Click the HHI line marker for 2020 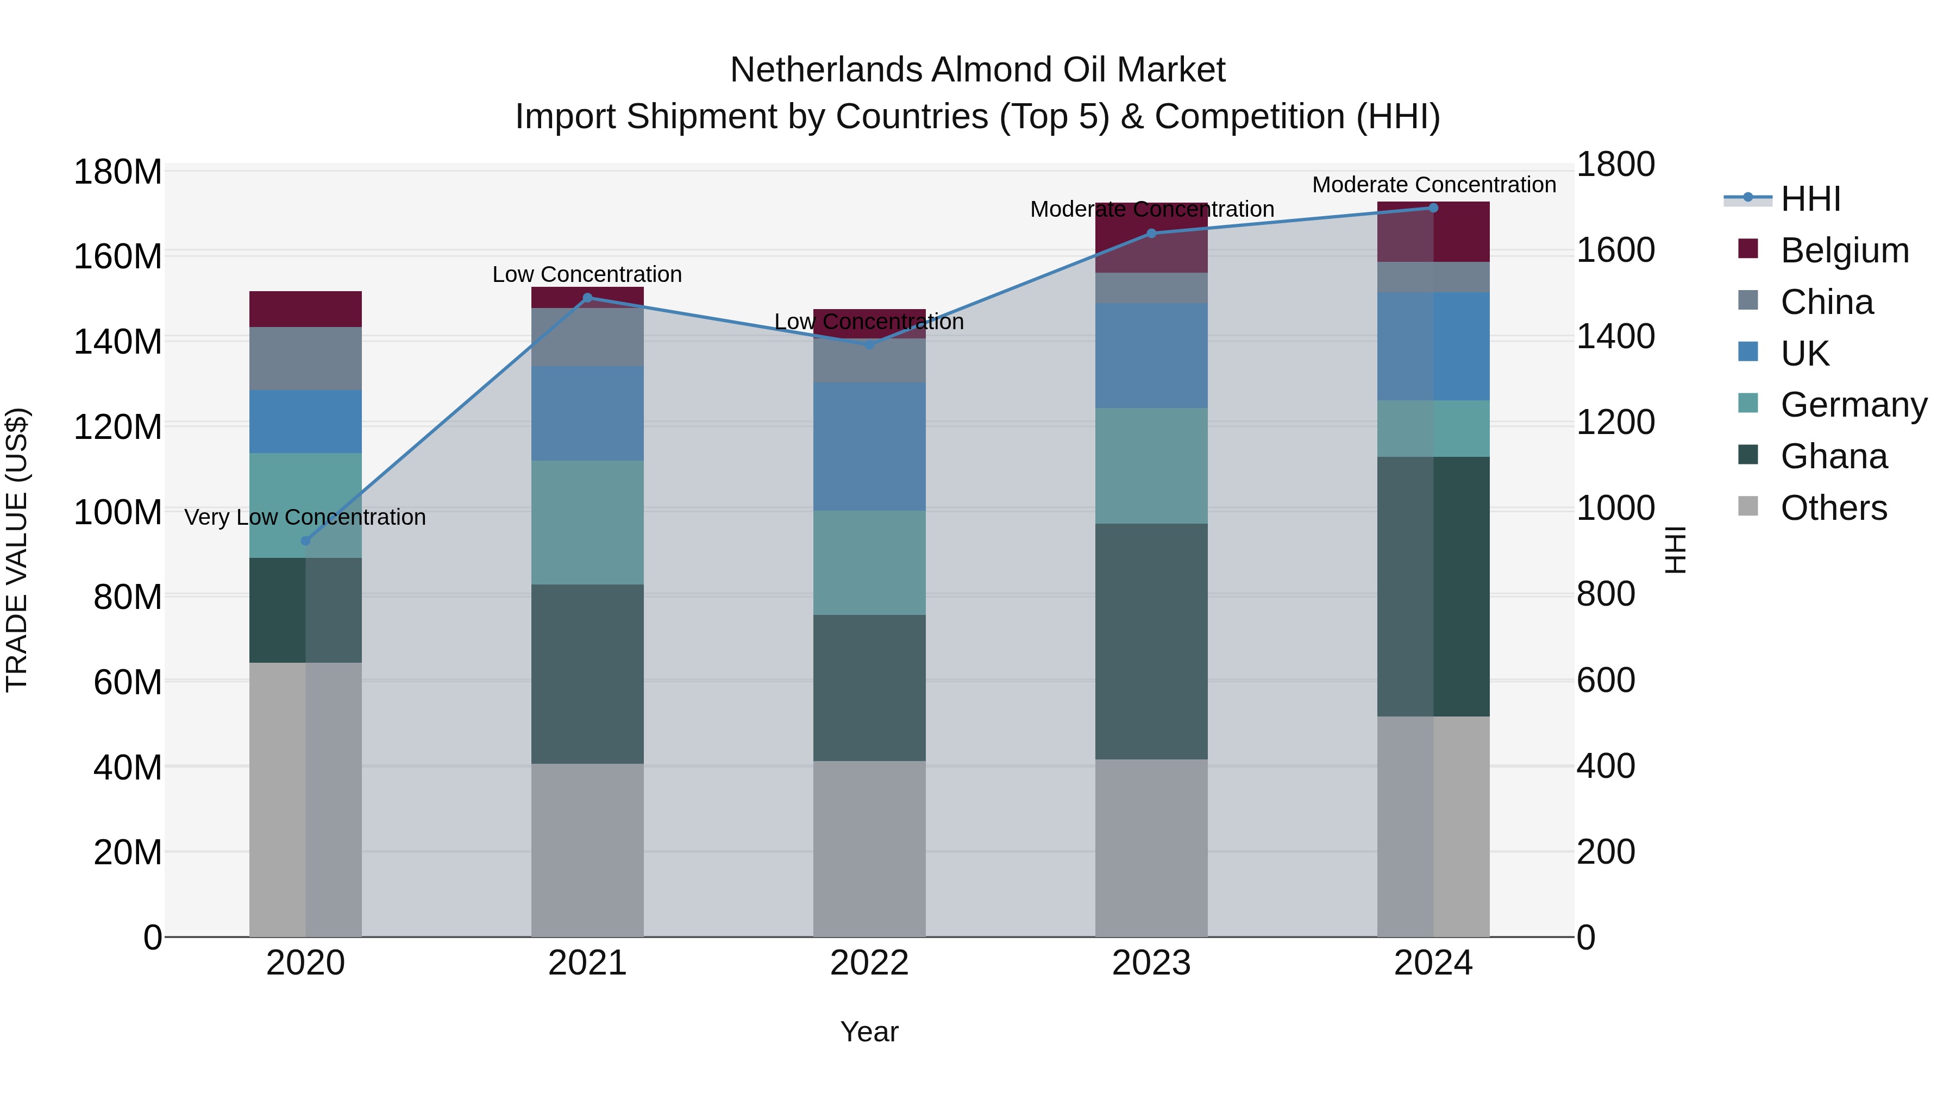(305, 540)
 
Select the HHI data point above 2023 (1151, 233)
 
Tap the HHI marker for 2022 (869, 344)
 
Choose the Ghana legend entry (1833, 456)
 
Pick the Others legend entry (1833, 508)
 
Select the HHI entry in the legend (1810, 199)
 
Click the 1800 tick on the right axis (1615, 165)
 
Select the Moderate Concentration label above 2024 (1434, 185)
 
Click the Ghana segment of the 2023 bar (1151, 642)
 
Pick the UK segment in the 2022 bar (869, 447)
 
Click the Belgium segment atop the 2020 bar (305, 309)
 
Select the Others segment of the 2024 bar (1434, 826)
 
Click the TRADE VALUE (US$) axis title (17, 550)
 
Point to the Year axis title (869, 1032)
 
